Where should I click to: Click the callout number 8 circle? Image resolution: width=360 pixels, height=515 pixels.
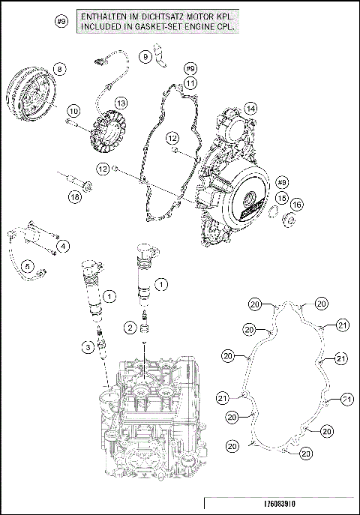coord(59,69)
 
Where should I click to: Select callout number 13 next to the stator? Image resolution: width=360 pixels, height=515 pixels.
coord(120,103)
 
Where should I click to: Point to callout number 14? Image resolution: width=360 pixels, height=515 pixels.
coord(250,109)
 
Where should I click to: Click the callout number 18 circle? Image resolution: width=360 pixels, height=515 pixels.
coord(74,197)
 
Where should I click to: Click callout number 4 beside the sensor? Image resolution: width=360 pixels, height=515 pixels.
coord(64,245)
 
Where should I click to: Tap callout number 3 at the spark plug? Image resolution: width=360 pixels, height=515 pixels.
coord(88,346)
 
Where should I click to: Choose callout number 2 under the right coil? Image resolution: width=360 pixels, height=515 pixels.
coord(130,327)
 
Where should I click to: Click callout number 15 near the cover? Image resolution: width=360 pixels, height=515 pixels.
coord(282,197)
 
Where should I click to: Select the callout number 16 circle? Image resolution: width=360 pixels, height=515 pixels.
coord(297,205)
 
